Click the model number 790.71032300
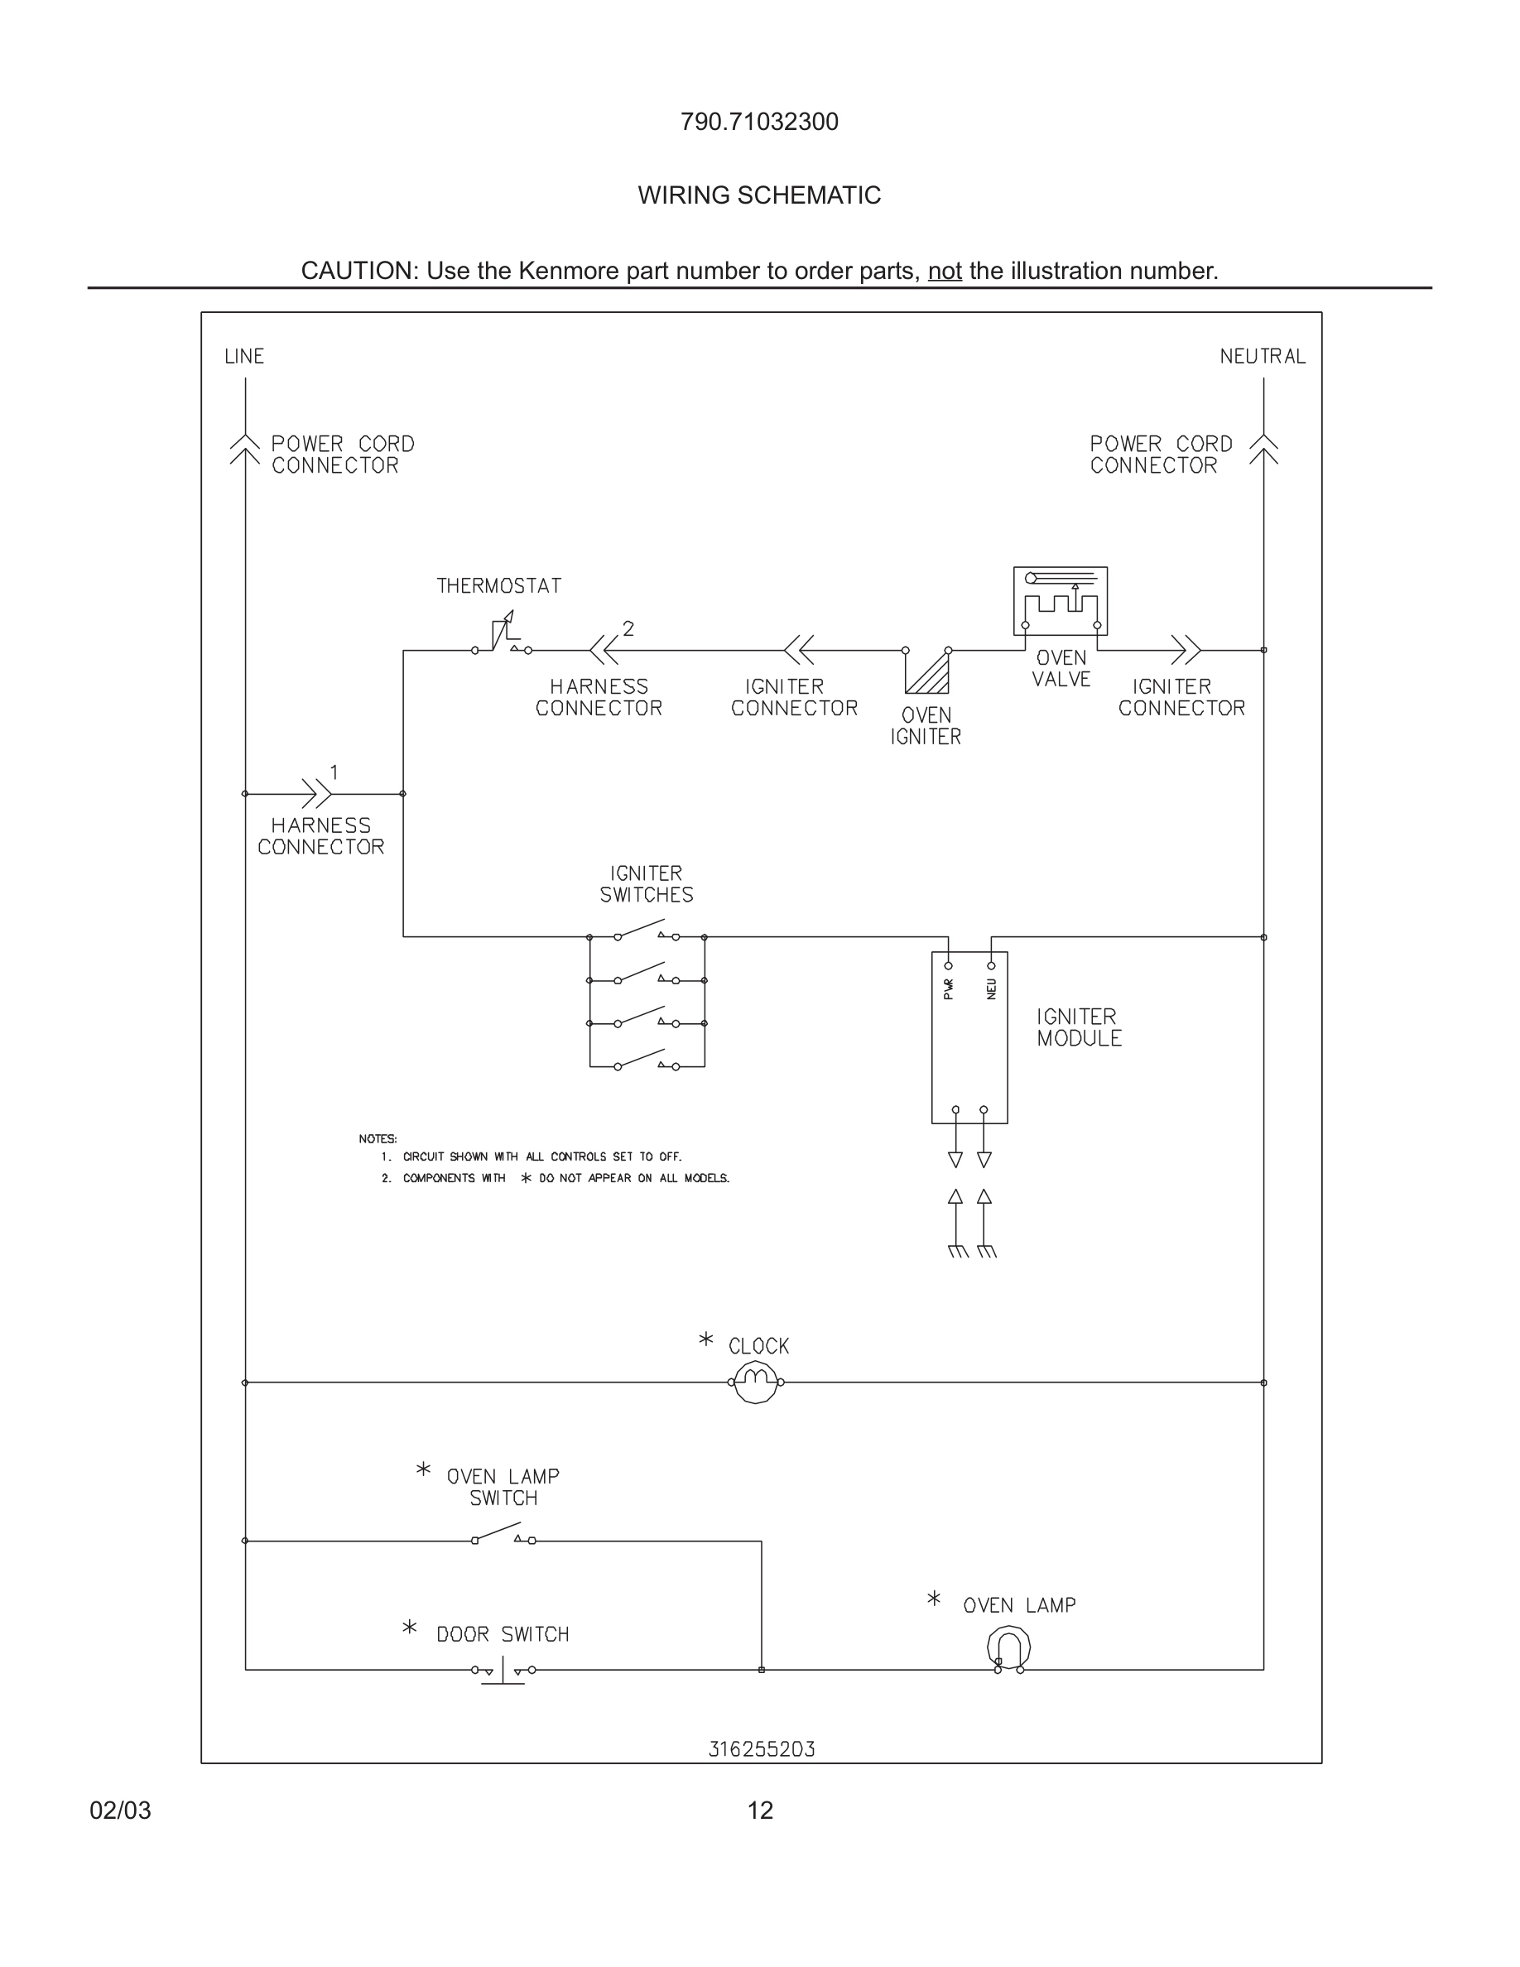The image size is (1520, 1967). tap(759, 122)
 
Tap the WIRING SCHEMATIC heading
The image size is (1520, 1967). tap(759, 195)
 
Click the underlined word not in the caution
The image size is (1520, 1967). tap(945, 271)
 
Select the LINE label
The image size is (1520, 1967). tap(244, 357)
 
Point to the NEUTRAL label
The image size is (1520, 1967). tap(1262, 357)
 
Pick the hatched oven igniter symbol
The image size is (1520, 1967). tap(927, 671)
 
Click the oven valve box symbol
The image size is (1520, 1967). tap(1060, 601)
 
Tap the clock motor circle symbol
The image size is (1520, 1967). tap(756, 1382)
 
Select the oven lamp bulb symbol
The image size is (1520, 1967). tap(1008, 1649)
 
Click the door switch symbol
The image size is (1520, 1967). tap(503, 1671)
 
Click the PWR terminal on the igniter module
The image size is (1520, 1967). tap(948, 966)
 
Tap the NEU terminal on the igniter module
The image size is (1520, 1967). tap(992, 966)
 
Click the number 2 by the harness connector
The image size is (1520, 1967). tap(628, 628)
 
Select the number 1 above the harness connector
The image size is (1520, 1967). tap(334, 772)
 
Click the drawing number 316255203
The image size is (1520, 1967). tap(761, 1749)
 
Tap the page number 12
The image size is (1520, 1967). tap(760, 1811)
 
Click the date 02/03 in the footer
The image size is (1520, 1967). tap(120, 1811)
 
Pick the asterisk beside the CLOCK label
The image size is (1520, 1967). tap(706, 1339)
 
